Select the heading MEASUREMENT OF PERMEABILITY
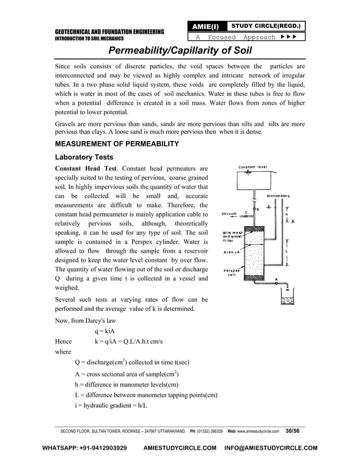[117, 144]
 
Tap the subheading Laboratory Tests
[85, 157]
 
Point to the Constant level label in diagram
[252, 167]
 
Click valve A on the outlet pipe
[276, 284]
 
